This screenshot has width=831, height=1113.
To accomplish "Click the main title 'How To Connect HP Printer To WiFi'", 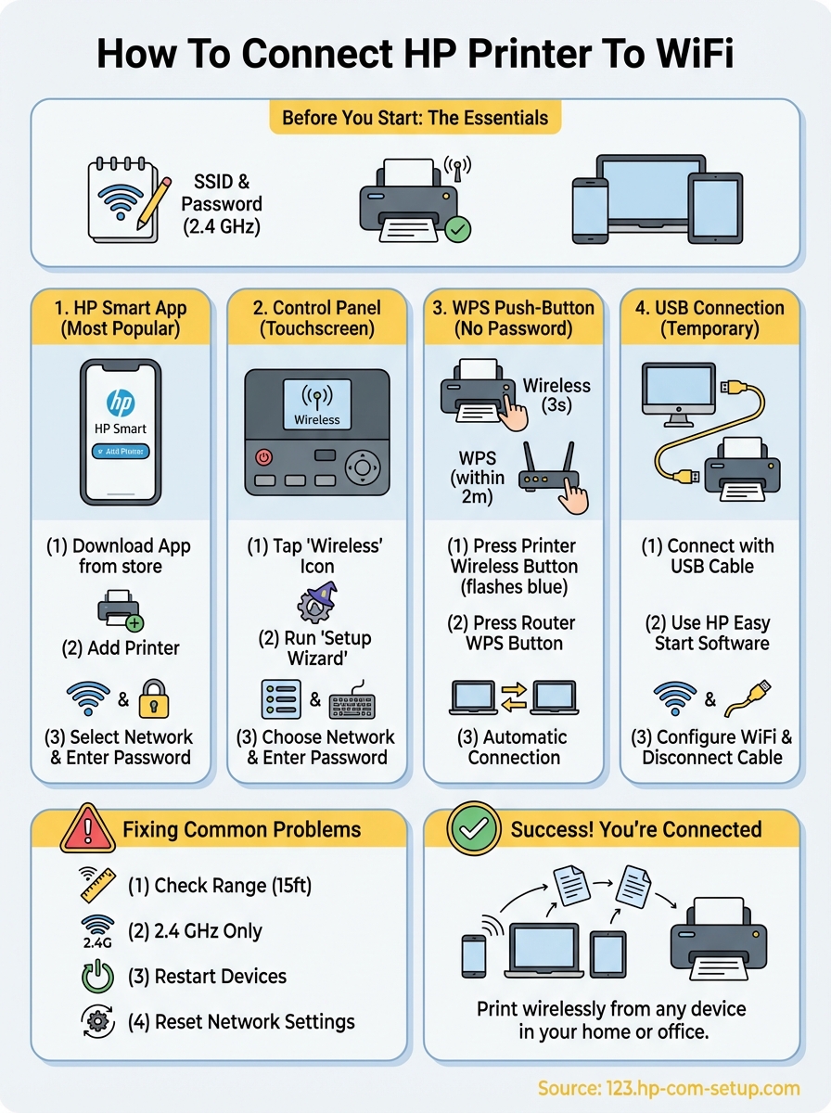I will tap(415, 53).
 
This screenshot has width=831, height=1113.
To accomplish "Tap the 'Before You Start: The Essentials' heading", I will tap(415, 119).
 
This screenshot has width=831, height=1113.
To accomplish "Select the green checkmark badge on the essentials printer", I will tap(456, 229).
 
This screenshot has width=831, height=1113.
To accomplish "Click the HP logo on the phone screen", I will tap(121, 402).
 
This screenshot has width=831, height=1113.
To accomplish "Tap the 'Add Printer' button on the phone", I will tap(121, 451).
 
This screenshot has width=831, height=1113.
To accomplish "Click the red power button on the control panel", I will tap(264, 457).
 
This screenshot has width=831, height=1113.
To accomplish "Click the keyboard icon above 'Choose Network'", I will tap(353, 700).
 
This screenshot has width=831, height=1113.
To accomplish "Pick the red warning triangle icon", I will tap(87, 828).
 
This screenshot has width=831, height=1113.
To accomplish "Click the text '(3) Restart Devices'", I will tap(208, 977).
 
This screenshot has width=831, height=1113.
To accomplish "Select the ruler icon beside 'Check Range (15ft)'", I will tap(97, 884).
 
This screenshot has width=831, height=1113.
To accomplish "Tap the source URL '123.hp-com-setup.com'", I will tap(669, 1087).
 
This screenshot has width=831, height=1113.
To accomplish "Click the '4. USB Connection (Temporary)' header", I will tap(712, 318).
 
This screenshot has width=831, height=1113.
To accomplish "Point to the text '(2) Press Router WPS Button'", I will tap(514, 633).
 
